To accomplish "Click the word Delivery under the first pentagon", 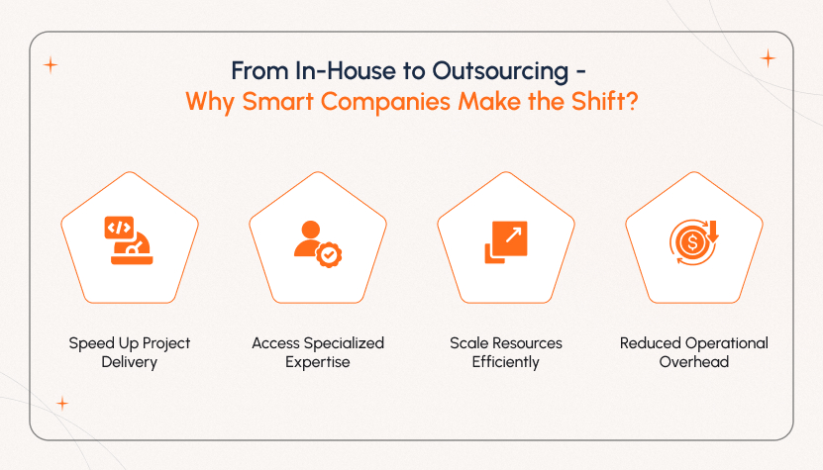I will tap(130, 362).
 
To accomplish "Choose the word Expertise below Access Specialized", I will tap(317, 362).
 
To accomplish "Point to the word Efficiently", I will tap(505, 362).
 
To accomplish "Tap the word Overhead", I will tap(693, 362).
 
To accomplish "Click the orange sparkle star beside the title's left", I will tap(51, 65).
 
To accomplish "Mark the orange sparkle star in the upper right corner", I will tap(767, 58).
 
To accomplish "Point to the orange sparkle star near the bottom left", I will tap(62, 403).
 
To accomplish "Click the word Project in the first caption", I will tap(164, 343).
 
